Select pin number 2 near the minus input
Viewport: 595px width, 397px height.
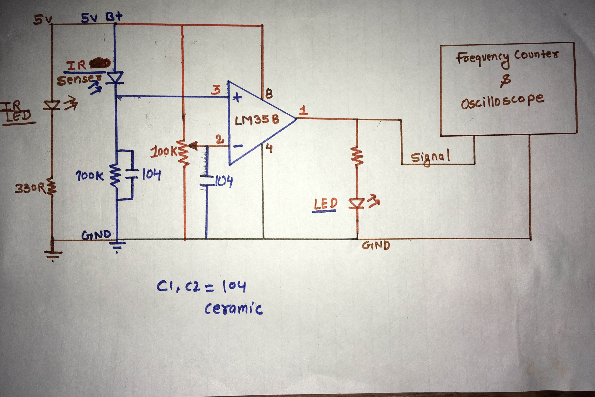click(220, 140)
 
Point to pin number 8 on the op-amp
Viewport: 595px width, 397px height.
click(269, 94)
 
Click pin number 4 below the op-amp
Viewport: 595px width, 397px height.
click(269, 148)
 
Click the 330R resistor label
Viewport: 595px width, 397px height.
click(30, 189)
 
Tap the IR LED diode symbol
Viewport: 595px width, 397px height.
click(52, 105)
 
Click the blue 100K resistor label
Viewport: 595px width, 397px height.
click(89, 176)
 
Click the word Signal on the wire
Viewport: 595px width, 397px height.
click(430, 157)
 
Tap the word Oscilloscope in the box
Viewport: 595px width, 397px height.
click(503, 101)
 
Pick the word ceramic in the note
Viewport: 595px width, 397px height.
click(234, 309)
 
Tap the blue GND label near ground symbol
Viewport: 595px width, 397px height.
click(96, 235)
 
